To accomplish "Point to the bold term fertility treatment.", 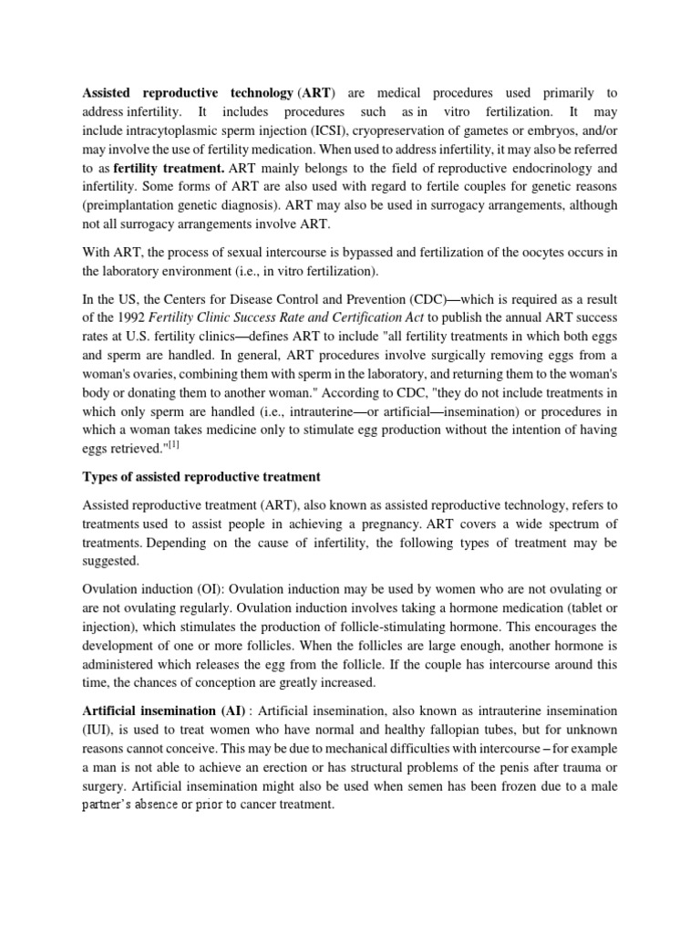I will pos(169,168).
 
